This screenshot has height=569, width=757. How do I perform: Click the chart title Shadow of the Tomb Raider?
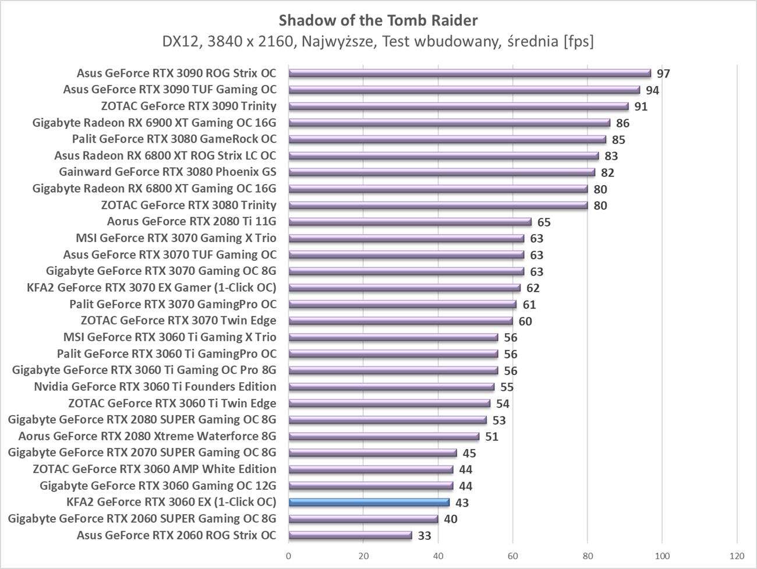coord(378,20)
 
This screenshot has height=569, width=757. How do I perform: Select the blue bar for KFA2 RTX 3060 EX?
coord(369,502)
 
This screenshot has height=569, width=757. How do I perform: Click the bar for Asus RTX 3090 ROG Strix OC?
coord(469,73)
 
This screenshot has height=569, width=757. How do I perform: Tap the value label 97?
coord(663,74)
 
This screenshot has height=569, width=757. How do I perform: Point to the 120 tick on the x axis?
coord(737,555)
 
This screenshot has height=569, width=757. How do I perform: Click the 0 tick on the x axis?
coord(289,555)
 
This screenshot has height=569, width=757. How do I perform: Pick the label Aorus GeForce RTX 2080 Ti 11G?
coord(192,221)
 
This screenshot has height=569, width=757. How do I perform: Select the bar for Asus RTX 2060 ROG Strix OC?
coord(350,535)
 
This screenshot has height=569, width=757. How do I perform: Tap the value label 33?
coord(425,536)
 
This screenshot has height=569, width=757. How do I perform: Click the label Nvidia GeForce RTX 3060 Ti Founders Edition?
coord(155,387)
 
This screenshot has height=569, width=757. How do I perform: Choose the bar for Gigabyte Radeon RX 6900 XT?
coord(449,123)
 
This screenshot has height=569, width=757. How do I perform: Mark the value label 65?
coord(544,222)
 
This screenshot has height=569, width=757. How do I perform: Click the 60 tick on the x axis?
coord(513,555)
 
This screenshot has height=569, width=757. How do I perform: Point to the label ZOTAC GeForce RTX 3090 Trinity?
coord(189,106)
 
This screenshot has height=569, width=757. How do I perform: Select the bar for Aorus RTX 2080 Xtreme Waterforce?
coord(384,436)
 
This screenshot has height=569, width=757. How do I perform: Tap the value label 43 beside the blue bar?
coord(462,503)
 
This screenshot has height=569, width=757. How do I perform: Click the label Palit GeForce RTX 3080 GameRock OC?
coord(174,139)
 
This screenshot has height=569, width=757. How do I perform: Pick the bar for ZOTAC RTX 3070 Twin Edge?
coord(401,321)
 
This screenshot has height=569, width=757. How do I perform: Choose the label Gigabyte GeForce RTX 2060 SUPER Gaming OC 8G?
coord(142,519)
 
